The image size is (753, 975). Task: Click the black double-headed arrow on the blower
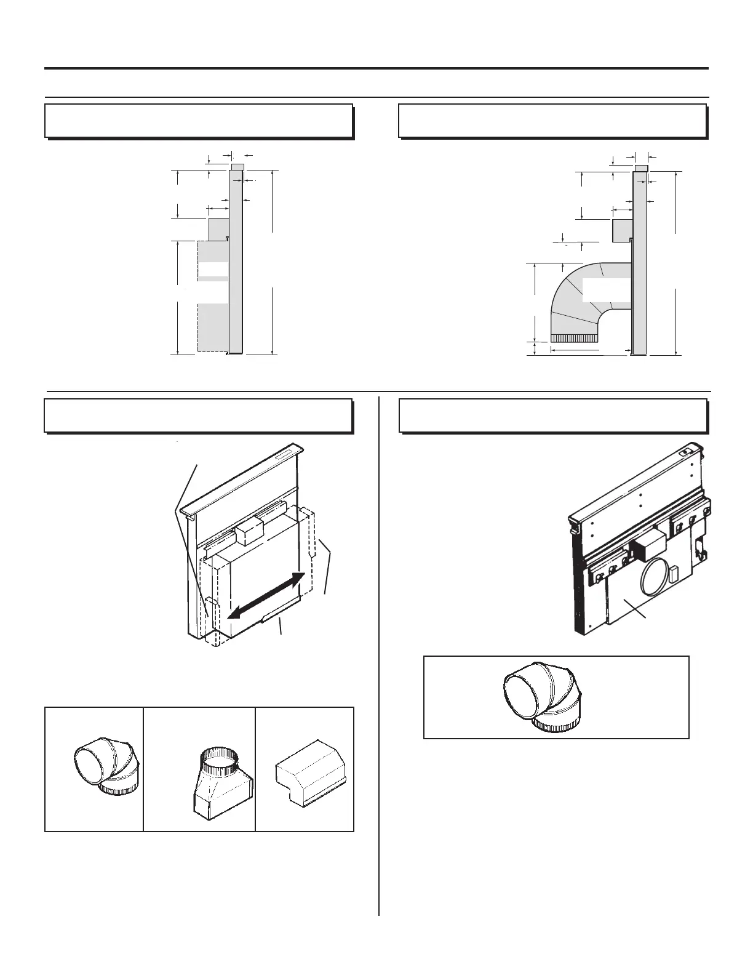[266, 596]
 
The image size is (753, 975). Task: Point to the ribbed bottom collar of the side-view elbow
[575, 338]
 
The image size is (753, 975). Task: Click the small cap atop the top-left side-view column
[237, 166]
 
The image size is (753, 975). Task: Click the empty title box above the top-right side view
[552, 121]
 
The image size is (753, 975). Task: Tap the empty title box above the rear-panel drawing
[552, 415]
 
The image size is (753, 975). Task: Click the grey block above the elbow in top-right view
[623, 229]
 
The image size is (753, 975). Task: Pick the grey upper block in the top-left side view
[219, 229]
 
